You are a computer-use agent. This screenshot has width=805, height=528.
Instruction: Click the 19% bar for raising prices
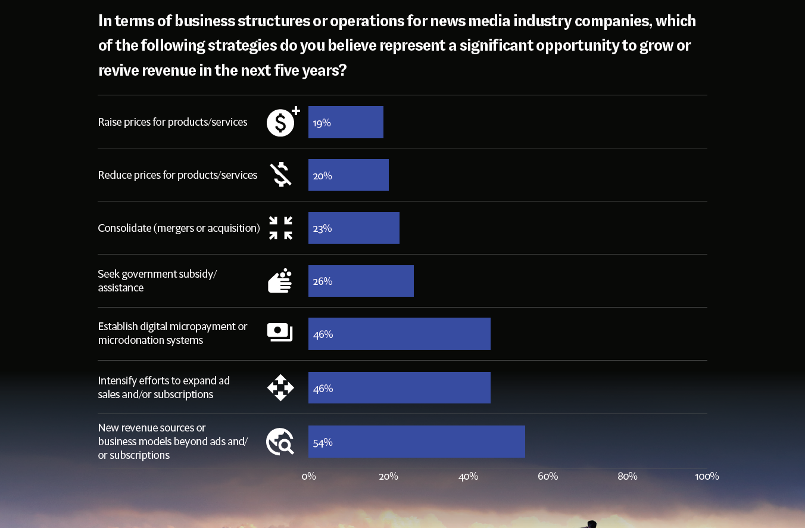pyautogui.click(x=346, y=122)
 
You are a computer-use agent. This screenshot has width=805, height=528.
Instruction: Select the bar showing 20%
pyautogui.click(x=348, y=175)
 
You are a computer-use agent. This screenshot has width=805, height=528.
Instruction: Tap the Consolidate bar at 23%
pyautogui.click(x=354, y=228)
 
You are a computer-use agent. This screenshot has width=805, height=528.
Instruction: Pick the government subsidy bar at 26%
pyautogui.click(x=361, y=281)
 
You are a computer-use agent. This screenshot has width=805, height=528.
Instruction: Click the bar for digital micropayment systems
pyautogui.click(x=400, y=334)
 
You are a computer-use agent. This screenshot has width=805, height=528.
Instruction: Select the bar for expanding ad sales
pyautogui.click(x=400, y=388)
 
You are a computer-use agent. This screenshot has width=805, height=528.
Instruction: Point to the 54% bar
pyautogui.click(x=417, y=442)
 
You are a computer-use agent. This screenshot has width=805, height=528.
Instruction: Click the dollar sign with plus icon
pyautogui.click(x=282, y=122)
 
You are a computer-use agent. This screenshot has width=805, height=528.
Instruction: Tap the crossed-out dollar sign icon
pyautogui.click(x=280, y=175)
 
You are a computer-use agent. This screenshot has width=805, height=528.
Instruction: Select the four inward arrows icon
pyautogui.click(x=280, y=228)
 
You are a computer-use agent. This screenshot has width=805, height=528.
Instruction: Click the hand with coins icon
pyautogui.click(x=280, y=281)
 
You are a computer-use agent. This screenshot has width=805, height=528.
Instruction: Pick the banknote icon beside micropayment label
pyautogui.click(x=280, y=333)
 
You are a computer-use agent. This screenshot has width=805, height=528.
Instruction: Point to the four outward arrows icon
pyautogui.click(x=280, y=388)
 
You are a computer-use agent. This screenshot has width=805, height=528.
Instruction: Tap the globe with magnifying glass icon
pyautogui.click(x=280, y=442)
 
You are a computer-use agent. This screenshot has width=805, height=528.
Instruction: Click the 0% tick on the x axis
pyautogui.click(x=308, y=476)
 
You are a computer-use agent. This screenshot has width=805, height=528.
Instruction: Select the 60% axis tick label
pyautogui.click(x=548, y=476)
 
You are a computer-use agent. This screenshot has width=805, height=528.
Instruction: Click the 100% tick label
pyautogui.click(x=707, y=476)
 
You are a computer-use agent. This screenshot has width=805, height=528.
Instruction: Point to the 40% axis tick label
pyautogui.click(x=468, y=476)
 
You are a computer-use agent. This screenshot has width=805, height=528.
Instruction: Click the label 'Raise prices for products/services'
pyautogui.click(x=173, y=122)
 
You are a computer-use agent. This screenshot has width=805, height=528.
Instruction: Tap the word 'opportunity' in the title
pyautogui.click(x=578, y=45)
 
